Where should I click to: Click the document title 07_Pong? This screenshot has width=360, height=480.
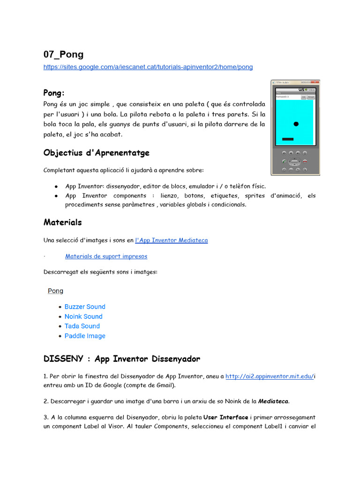[x=63, y=54]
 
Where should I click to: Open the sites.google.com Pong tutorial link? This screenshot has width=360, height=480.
[x=148, y=67]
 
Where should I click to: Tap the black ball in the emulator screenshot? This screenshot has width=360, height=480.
[x=296, y=124]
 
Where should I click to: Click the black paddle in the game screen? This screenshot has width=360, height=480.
[x=288, y=139]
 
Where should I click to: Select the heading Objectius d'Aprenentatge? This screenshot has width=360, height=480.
[x=96, y=153]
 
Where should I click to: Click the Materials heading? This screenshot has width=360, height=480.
[x=62, y=222]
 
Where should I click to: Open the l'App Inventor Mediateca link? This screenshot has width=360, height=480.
[x=171, y=240]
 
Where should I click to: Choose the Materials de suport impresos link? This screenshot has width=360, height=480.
[x=106, y=256]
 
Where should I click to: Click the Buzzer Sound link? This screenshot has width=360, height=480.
[x=85, y=307]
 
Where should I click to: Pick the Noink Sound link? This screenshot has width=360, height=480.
[x=83, y=316]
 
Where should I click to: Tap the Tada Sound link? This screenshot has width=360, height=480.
[x=82, y=326]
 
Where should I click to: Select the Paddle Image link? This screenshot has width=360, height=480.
[x=85, y=336]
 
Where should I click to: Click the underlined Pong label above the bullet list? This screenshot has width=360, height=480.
[x=55, y=291]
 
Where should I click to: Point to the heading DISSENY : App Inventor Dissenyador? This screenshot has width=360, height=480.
[x=121, y=359]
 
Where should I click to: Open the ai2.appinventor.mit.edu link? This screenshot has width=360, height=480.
[x=269, y=376]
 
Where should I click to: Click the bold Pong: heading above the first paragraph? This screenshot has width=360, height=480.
[x=54, y=93]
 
